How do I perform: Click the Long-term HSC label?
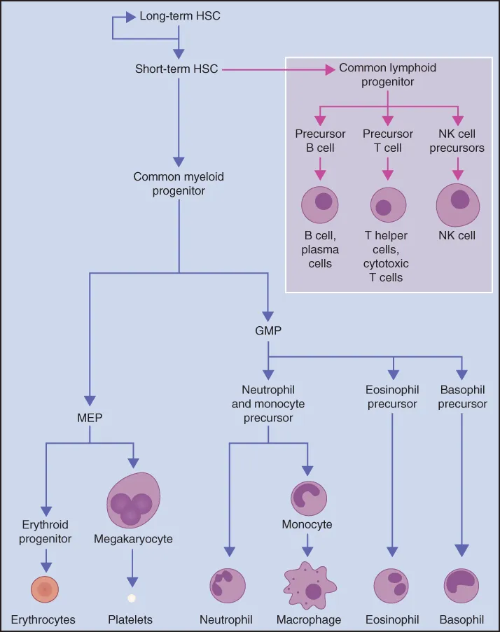point(180,15)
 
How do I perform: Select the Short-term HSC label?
point(176,69)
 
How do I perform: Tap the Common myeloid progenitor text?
point(179,184)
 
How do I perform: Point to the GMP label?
point(268,331)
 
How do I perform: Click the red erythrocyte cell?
point(46,590)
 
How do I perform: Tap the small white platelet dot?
point(131,598)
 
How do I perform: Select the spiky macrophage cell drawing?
point(308,587)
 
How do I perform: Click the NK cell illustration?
point(457,204)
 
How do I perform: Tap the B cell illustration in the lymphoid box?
point(320,204)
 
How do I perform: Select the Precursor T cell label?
point(388,141)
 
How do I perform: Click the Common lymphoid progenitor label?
point(387,75)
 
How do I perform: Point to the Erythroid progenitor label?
point(46,531)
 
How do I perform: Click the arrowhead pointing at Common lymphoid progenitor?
point(328,69)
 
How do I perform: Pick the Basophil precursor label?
point(462,397)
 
